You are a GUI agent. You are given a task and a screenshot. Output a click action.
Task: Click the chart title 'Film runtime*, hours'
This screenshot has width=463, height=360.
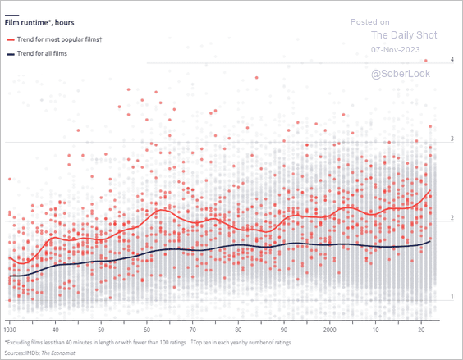[39, 23]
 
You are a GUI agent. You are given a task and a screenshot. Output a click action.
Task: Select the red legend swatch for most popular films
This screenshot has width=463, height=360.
[11, 39]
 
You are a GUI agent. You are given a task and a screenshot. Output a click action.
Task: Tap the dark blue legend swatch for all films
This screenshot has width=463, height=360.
[11, 54]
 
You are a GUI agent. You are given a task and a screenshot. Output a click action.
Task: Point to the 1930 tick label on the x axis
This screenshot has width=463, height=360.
[10, 330]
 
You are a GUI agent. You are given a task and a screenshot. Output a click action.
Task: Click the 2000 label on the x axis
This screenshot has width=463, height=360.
[329, 330]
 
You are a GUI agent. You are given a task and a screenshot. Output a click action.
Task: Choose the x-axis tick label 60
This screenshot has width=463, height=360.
[147, 330]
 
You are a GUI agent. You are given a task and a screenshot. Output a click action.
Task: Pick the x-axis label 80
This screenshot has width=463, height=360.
[238, 330]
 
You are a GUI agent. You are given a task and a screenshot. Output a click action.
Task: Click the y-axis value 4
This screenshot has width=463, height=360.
[452, 60]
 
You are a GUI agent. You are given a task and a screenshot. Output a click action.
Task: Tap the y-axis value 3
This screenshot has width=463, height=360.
[452, 139]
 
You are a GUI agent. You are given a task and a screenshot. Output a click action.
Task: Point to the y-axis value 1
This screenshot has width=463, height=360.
[452, 297]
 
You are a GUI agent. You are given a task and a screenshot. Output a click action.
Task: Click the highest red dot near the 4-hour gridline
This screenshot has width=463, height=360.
[426, 61]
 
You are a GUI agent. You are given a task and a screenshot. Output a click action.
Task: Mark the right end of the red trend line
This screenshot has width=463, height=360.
[430, 190]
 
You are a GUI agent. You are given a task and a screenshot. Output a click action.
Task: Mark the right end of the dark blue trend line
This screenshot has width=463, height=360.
[430, 241]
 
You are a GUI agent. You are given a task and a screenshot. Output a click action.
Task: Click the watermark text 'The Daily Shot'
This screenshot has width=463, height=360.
[404, 35]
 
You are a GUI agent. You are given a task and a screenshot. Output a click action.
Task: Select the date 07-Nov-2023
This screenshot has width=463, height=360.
[396, 49]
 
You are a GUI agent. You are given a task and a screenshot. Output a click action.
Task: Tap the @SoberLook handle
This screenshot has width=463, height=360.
[401, 74]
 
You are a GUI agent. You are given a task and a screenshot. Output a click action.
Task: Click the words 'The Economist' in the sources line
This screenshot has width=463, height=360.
[58, 353]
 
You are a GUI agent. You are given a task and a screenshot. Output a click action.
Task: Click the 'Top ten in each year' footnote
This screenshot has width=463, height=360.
[241, 343]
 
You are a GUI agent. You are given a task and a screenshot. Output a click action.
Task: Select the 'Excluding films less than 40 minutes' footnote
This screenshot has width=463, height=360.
[95, 343]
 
